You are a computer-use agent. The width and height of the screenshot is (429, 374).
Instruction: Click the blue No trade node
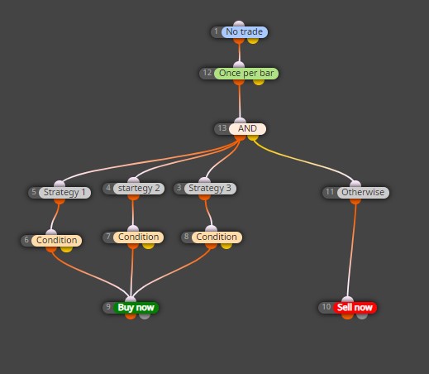[x=244, y=32]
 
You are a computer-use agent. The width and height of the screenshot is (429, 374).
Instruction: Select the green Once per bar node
[x=246, y=74]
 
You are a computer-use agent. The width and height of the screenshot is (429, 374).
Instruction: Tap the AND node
[x=247, y=129]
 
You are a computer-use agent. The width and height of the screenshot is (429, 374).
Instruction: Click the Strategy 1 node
[x=64, y=192]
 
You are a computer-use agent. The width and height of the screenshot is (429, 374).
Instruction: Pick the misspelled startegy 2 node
[x=139, y=189]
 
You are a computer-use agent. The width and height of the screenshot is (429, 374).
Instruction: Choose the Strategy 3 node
[x=210, y=189]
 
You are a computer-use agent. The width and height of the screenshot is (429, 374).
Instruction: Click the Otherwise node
[x=363, y=192]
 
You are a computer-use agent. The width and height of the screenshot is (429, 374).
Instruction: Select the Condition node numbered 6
[x=56, y=240]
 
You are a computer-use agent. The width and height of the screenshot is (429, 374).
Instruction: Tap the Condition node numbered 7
[x=138, y=237]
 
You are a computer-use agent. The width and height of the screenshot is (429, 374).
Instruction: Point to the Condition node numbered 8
[x=217, y=237]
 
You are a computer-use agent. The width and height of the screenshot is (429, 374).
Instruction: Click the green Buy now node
[x=136, y=308]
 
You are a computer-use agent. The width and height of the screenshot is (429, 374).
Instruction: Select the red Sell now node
[x=355, y=308]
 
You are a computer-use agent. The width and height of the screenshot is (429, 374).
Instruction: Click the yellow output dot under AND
[x=253, y=137]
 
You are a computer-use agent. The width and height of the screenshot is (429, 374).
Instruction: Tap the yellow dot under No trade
[x=253, y=41]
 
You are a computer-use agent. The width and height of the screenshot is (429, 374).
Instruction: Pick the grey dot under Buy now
[x=145, y=316]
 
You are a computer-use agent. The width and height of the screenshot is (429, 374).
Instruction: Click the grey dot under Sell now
[x=362, y=316]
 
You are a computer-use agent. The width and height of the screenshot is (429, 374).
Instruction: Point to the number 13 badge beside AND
[x=222, y=128]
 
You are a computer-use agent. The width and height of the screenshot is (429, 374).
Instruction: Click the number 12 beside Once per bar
[x=207, y=73]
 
